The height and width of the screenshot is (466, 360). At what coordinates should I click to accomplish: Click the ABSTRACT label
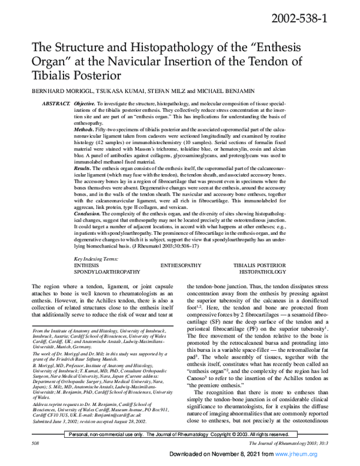[x=57, y=103]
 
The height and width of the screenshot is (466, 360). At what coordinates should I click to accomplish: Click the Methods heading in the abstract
[x=87, y=130]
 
